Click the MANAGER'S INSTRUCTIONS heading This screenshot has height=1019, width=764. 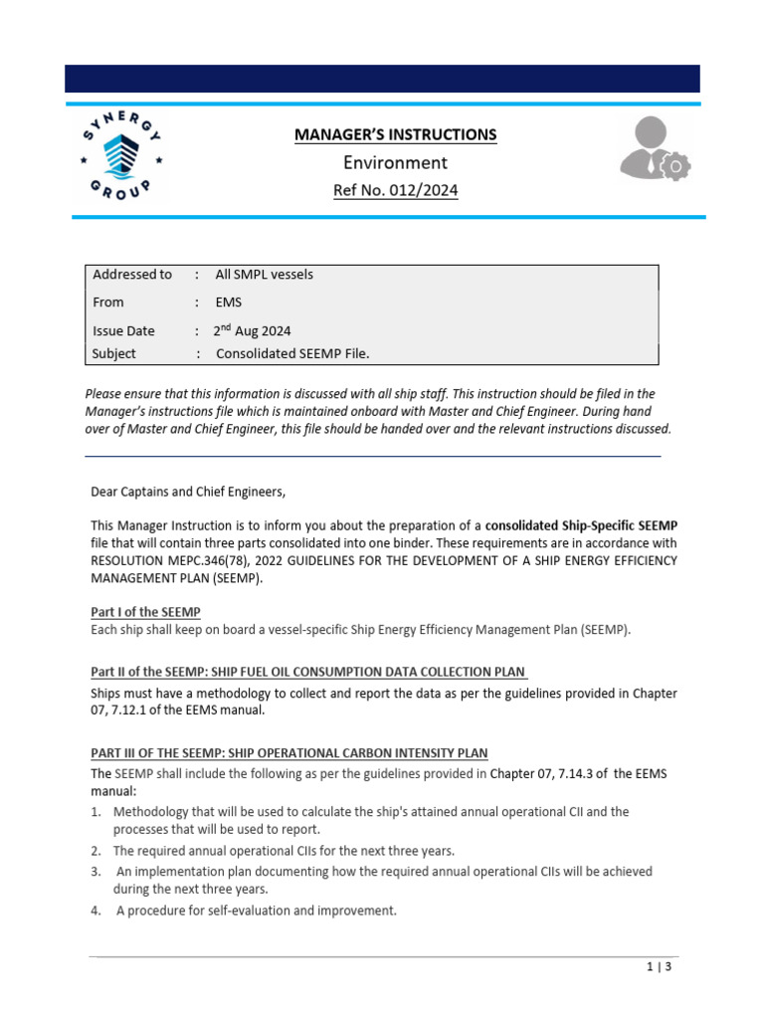coord(395,134)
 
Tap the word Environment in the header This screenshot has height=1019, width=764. coord(395,162)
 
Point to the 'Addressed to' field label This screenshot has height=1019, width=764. coord(131,275)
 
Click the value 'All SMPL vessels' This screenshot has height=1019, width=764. coord(264,275)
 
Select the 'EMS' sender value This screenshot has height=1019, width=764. coord(229,302)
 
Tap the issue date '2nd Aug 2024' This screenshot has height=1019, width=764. coord(253,330)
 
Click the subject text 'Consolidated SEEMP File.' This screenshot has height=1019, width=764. coord(291,353)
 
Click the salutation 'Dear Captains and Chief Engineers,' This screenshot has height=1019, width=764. coord(187,491)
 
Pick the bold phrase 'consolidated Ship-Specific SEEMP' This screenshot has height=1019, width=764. coord(581,524)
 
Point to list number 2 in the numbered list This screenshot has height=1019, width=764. coord(95,851)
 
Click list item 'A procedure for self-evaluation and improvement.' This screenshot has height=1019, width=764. coord(256,909)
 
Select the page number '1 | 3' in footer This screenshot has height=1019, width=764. coord(660,966)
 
